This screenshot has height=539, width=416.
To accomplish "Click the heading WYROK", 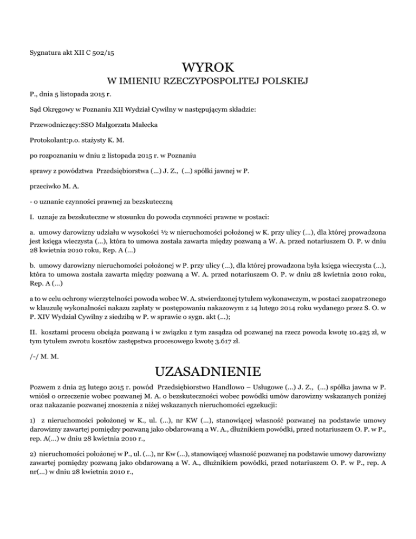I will (x=208, y=68).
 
